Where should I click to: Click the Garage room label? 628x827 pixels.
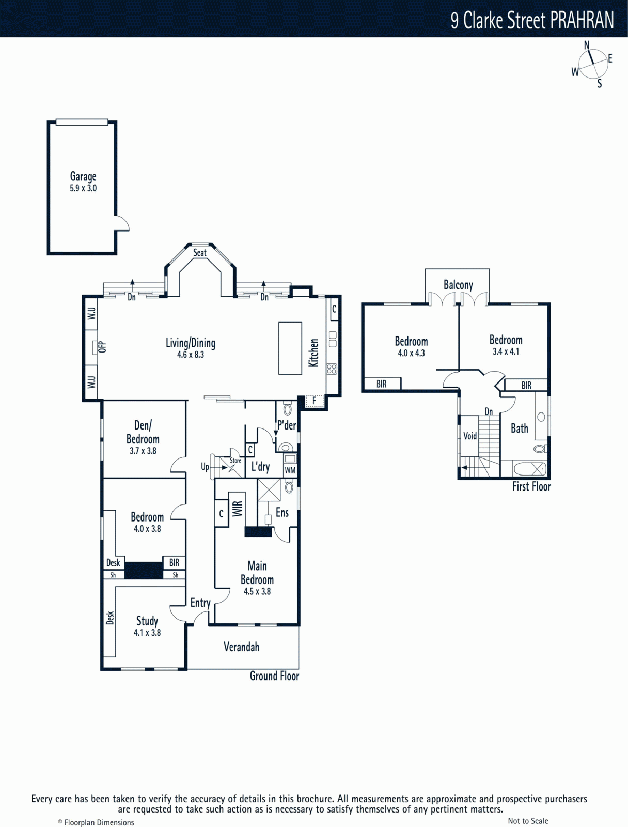[x=83, y=177]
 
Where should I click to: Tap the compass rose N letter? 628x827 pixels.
[x=587, y=45]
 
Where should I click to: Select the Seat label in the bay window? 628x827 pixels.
[x=200, y=253]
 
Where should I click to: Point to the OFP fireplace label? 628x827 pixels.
[x=102, y=347]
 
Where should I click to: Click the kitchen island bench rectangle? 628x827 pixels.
[x=290, y=348]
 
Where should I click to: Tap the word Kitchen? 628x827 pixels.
[x=313, y=353]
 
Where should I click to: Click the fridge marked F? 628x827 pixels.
[x=314, y=401]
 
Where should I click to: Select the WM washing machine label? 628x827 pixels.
[x=290, y=470]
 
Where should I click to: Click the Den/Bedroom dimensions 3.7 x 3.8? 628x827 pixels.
[x=143, y=451]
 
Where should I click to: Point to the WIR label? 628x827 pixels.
[x=237, y=508]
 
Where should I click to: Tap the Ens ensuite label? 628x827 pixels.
[x=282, y=512]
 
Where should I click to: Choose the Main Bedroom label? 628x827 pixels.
[x=257, y=573]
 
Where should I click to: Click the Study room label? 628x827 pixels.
[x=147, y=621]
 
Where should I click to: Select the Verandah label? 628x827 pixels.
[x=241, y=647]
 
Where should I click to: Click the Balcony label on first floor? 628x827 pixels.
[x=458, y=285]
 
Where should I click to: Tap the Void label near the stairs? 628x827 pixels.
[x=470, y=436]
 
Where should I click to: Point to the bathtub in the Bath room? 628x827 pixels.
[x=529, y=469]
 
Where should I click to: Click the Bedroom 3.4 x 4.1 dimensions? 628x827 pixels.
[x=506, y=351]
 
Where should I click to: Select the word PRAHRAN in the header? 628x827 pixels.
[x=582, y=21]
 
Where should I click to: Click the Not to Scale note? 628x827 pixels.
[x=528, y=821]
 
